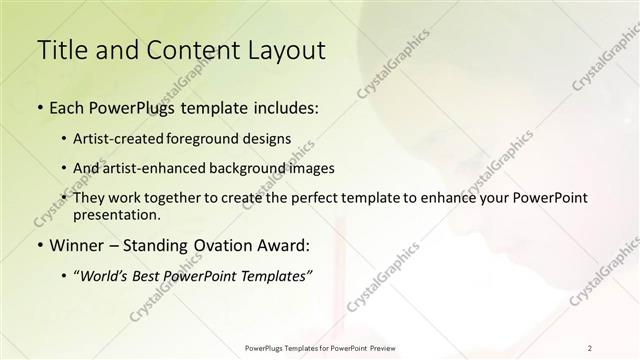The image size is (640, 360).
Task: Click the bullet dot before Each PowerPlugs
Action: coord(39,108)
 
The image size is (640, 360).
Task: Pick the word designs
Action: coord(268,139)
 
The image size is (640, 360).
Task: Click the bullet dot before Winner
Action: coord(39,245)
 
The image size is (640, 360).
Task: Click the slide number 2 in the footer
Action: coord(590,347)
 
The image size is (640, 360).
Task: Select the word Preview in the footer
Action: coord(381,347)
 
